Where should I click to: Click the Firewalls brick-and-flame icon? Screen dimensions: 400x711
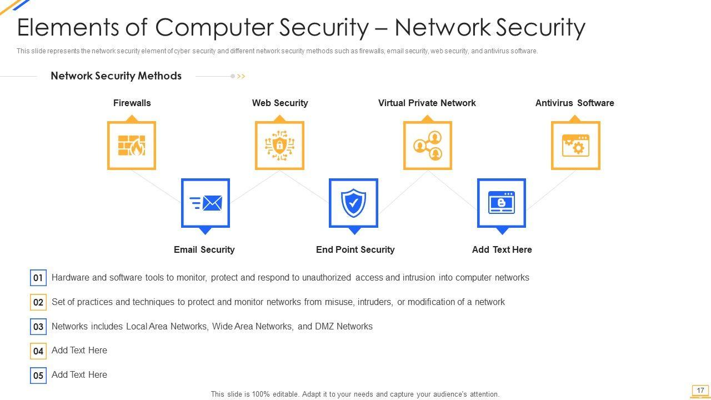131,146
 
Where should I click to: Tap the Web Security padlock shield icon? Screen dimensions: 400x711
279,146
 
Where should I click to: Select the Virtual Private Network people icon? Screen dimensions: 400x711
427,146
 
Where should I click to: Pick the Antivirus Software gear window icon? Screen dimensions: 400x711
575,146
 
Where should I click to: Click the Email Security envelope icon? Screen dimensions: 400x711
206,203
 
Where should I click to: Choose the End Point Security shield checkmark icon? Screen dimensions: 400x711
353,203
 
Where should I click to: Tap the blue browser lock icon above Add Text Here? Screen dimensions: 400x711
502,203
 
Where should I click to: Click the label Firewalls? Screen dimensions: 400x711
132,103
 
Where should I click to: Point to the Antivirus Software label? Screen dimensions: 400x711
574,103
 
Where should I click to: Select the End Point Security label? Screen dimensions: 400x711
355,249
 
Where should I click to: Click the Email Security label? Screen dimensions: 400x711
204,249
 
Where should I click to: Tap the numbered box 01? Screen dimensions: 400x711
38,278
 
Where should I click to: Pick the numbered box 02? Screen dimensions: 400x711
38,302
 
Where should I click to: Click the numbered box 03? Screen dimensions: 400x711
38,327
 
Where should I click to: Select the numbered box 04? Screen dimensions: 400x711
38,351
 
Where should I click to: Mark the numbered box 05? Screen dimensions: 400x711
38,376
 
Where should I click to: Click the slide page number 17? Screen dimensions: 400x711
700,391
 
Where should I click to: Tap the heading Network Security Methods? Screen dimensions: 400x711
116,76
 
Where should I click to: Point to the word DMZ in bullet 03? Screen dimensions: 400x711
324,326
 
